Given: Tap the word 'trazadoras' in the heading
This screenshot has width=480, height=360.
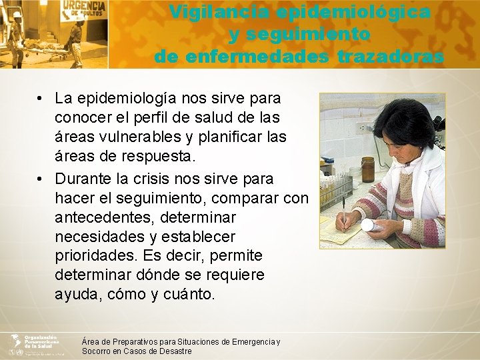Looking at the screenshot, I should pyautogui.click(x=390, y=57).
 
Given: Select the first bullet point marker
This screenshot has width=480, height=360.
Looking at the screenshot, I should pyautogui.click(x=41, y=99).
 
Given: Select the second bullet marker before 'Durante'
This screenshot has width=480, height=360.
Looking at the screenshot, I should pyautogui.click(x=41, y=179).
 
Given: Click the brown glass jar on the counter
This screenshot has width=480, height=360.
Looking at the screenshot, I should pyautogui.click(x=368, y=169).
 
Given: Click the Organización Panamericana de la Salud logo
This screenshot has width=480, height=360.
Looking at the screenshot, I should pyautogui.click(x=33, y=343).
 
